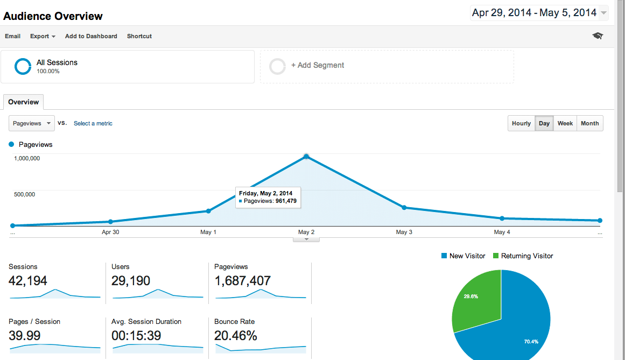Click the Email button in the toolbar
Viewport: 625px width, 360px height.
coord(13,36)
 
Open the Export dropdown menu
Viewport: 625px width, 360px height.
coord(43,36)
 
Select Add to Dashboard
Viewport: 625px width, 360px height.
coord(91,36)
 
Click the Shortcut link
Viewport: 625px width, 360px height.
coord(139,36)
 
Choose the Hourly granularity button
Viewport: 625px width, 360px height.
coord(521,123)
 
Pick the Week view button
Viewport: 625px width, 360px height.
coord(565,123)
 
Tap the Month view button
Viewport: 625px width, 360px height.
coord(589,123)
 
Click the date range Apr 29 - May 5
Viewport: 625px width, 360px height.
coord(534,13)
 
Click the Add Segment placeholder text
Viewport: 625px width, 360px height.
coord(318,65)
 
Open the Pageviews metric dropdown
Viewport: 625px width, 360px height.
coord(32,123)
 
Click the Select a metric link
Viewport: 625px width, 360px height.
coord(93,123)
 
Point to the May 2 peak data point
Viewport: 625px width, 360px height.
coord(306,157)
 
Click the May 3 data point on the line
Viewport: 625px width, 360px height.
coord(404,208)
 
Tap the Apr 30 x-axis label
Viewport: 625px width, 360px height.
coord(110,232)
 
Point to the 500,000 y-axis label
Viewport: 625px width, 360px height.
coord(24,194)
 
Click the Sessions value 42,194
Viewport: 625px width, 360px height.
coord(28,280)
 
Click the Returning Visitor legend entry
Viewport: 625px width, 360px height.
coord(526,256)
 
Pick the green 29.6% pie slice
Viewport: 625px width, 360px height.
coord(477,299)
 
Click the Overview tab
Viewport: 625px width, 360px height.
coord(24,102)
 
